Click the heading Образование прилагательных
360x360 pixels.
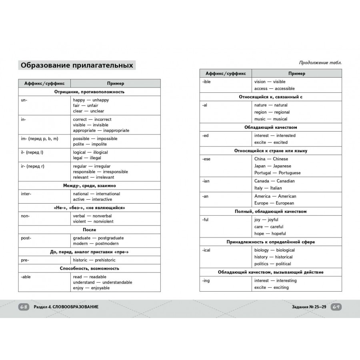[77, 65]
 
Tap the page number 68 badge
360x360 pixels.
[24, 307]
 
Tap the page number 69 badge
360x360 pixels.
[336, 307]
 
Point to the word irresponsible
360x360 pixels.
[112, 172]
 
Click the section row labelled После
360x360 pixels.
[89, 230]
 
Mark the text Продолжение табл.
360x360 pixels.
[320, 62]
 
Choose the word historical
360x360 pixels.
[284, 257]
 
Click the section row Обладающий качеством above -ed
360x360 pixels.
[270, 127]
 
